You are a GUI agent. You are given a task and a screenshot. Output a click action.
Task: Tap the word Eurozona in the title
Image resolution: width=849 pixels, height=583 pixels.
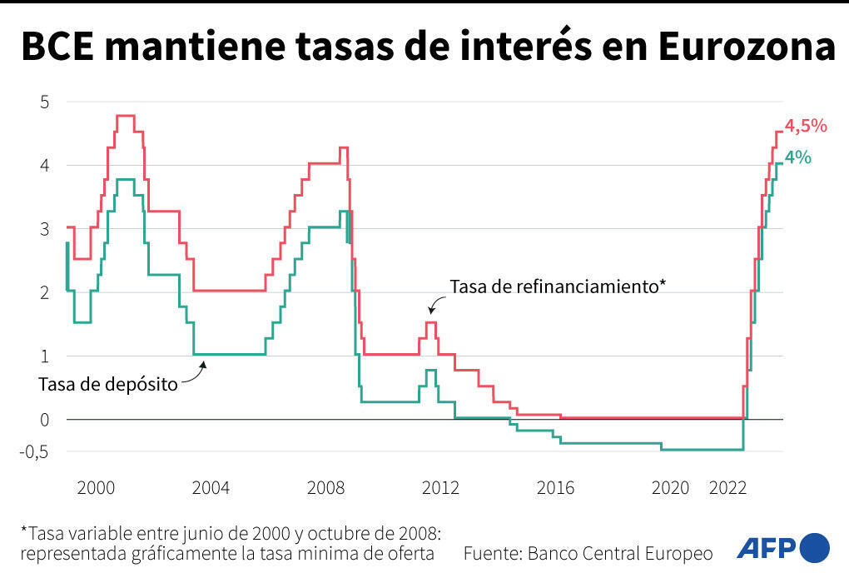click(x=747, y=47)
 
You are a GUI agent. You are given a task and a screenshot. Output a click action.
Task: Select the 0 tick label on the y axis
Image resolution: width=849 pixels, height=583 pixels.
click(x=46, y=420)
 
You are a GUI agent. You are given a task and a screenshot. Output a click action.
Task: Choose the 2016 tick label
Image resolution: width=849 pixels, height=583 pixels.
click(x=555, y=488)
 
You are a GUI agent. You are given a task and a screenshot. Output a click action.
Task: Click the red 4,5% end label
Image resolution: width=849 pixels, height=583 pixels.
click(x=806, y=127)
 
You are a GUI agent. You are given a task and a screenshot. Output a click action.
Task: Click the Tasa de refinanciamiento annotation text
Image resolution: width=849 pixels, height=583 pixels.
click(x=558, y=287)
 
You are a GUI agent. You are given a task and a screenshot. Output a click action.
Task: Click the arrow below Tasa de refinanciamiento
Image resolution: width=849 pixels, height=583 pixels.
click(x=434, y=306)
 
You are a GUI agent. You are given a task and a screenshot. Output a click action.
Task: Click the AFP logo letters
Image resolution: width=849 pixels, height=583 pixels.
click(x=765, y=548)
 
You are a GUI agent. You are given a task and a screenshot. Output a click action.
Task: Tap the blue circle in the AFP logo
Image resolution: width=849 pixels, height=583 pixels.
click(x=814, y=548)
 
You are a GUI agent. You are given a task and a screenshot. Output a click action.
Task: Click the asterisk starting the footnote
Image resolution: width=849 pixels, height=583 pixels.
click(x=24, y=531)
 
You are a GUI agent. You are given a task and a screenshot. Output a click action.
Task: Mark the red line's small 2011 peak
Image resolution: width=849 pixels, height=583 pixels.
click(x=430, y=322)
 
